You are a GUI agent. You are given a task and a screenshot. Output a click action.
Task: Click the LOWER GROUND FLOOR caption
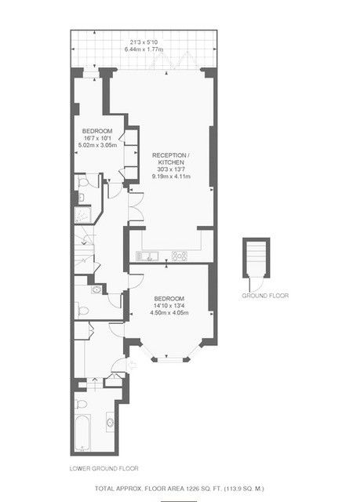(x=104, y=468)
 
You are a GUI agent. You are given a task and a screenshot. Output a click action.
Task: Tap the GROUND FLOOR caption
(x=265, y=296)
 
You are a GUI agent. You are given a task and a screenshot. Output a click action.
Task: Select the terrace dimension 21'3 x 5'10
(x=144, y=42)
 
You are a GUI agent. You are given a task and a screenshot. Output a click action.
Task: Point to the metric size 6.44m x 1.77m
(x=144, y=49)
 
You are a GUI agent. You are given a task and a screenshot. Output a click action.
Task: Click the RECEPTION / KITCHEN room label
(x=171, y=158)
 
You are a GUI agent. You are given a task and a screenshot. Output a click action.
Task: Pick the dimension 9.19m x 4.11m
(x=171, y=176)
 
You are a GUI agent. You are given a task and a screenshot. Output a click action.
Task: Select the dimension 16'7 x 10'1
(x=97, y=138)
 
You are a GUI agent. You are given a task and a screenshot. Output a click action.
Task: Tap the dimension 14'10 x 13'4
(x=169, y=305)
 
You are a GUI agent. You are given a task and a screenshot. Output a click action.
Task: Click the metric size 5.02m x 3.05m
(x=97, y=145)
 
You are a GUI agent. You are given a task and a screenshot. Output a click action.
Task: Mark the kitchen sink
(x=147, y=256)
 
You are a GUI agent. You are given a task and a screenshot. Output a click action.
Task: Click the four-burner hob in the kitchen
(x=180, y=256)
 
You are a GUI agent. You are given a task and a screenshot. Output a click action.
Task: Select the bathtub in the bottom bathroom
(x=82, y=432)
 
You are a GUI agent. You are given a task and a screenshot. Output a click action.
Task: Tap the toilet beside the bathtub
(x=82, y=404)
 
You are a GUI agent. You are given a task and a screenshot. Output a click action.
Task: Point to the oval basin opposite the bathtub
(x=111, y=423)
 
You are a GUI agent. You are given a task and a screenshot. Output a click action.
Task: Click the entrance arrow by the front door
(x=132, y=365)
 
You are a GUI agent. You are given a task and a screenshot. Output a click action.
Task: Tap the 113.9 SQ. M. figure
(x=245, y=489)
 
